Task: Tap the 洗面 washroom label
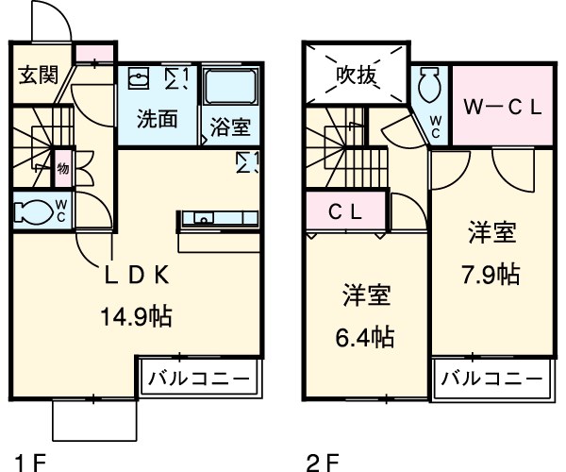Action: tap(158, 119)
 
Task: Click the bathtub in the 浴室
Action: tap(230, 88)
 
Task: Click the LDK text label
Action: tap(137, 277)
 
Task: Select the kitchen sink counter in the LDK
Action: tap(218, 219)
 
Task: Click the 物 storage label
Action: tap(62, 169)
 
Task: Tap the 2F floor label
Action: tap(320, 462)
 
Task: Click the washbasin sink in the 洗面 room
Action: tap(140, 77)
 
